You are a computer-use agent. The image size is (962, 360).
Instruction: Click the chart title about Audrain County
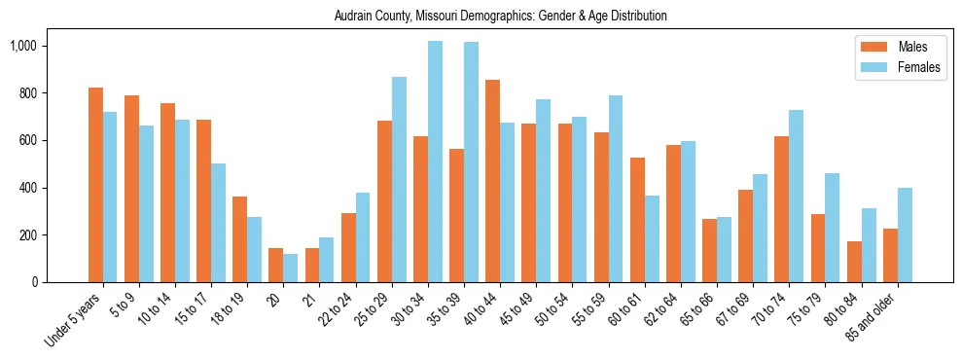500,17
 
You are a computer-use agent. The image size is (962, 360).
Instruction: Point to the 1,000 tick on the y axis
21,46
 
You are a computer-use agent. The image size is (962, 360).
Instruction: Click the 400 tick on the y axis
27,188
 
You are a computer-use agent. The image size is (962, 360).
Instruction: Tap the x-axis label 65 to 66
695,312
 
